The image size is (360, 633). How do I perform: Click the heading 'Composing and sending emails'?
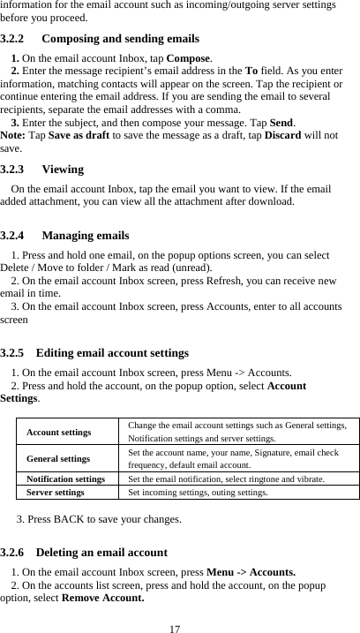pyautogui.click(x=120, y=39)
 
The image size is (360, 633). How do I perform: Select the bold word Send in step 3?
pyautogui.click(x=281, y=122)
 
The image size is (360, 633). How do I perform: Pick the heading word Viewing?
pyautogui.click(x=63, y=169)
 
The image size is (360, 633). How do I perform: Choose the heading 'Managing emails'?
pyautogui.click(x=85, y=236)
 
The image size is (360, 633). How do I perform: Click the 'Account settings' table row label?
pyautogui.click(x=58, y=433)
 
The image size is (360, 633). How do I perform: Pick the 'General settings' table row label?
pyautogui.click(x=58, y=459)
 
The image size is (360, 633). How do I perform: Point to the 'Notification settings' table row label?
pyautogui.click(x=66, y=479)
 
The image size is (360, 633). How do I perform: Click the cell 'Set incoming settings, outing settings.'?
pyautogui.click(x=198, y=492)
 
